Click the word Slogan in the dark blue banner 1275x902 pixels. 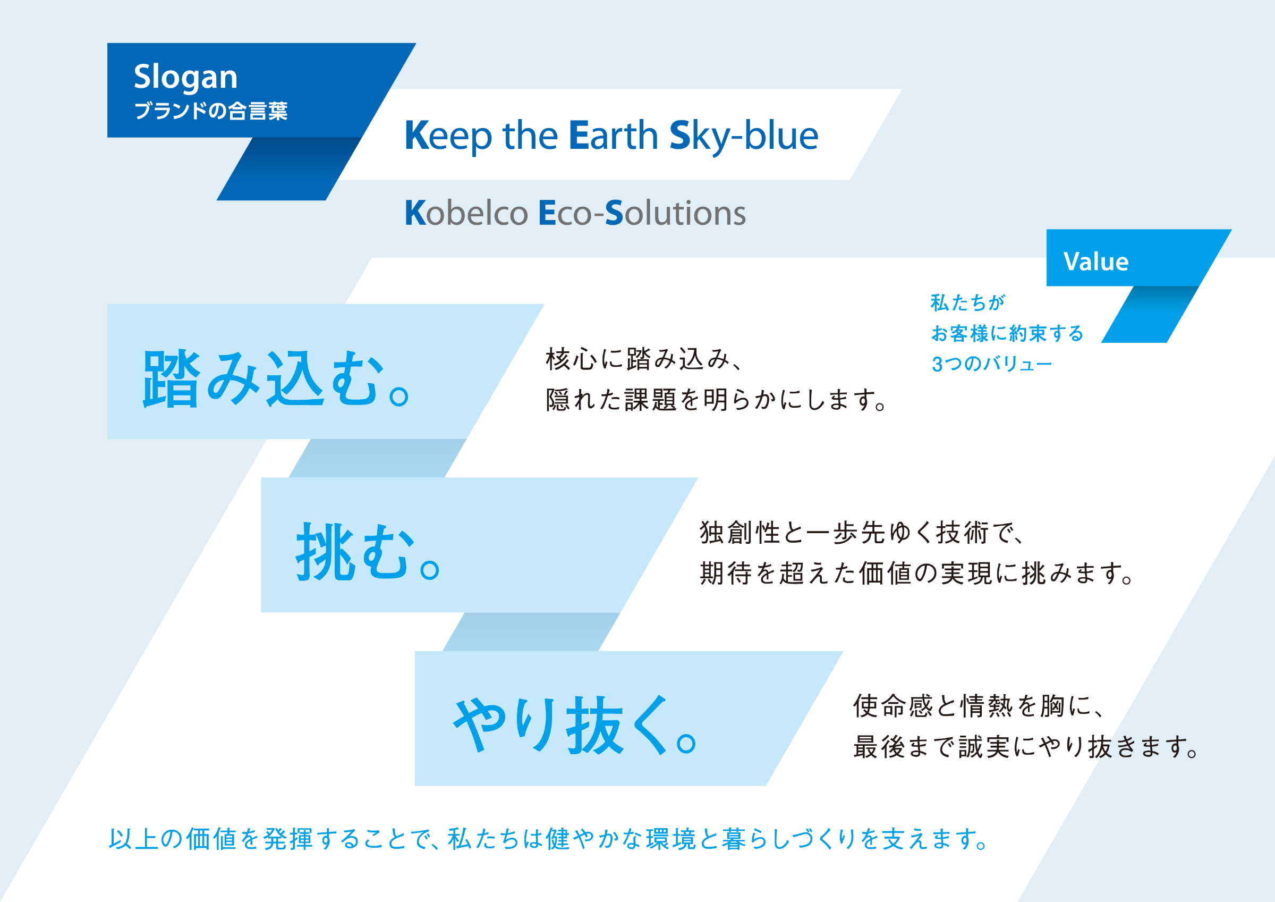185,77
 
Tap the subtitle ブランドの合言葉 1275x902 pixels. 210,111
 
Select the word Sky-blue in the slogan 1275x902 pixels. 744,136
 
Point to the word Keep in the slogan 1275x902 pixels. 448,136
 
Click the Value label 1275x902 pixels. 1095,262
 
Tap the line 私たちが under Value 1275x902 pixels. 967,303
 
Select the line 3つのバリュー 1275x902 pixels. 991,364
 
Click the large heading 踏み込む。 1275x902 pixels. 276,380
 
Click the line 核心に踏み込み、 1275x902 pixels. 644,359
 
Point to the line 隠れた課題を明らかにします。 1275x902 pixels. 716,400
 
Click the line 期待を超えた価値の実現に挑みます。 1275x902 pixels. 916,574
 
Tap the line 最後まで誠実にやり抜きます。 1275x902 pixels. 1025,747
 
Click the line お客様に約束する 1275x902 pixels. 1007,333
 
